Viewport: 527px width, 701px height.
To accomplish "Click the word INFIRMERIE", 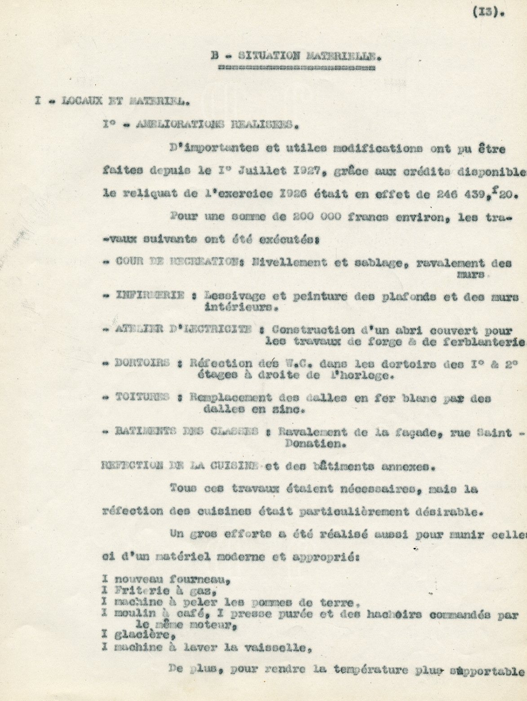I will [x=150, y=296].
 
